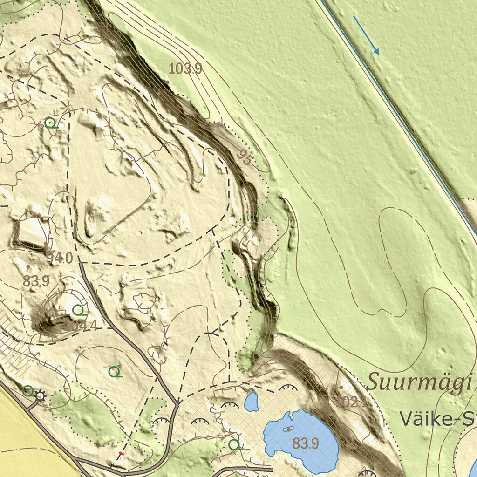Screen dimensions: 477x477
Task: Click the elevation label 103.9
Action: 185,69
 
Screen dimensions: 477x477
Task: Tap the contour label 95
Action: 245,157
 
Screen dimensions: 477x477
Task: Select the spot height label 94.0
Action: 60,257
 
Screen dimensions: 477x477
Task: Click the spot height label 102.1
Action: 350,402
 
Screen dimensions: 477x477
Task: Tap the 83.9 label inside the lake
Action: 305,443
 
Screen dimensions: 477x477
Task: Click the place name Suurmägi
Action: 417,382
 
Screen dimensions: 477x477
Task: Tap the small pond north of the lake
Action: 252,402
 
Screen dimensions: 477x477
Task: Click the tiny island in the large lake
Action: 288,429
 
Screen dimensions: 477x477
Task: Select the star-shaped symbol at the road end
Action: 41,395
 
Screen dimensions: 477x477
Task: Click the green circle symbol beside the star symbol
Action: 28,391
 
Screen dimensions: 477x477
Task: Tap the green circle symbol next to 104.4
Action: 78,309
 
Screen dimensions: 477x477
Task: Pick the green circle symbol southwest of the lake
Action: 234,444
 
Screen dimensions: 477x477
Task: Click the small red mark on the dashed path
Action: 122,453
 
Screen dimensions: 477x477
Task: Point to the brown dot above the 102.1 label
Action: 341,387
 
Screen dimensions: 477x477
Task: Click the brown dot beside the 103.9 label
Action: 167,82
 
